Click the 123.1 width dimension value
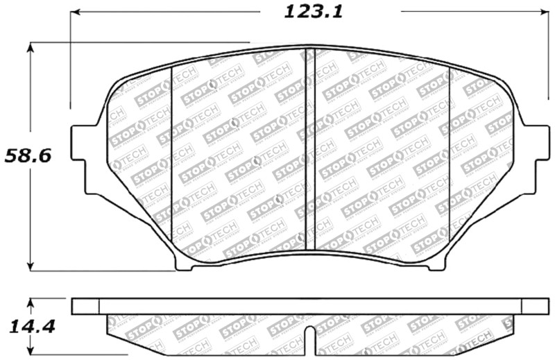coord(305,12)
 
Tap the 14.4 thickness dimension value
coord(28,326)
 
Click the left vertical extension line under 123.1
coord(70,62)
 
